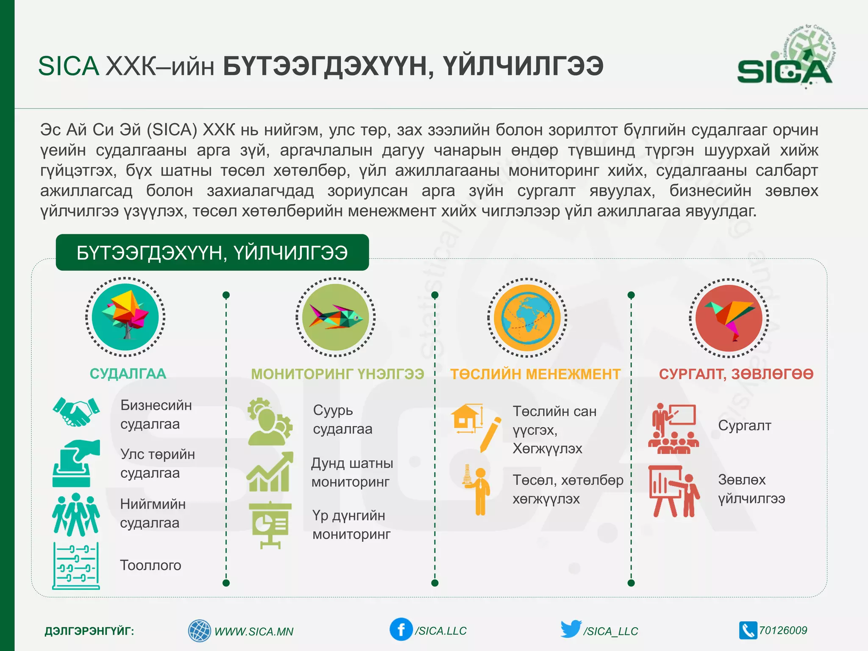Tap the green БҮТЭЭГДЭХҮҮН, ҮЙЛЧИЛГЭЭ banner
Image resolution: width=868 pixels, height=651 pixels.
click(212, 253)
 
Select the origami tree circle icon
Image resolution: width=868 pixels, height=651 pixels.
click(125, 317)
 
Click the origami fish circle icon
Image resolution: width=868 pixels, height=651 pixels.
click(335, 317)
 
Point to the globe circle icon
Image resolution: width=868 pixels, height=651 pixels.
click(527, 317)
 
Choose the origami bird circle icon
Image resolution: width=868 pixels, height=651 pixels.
click(729, 318)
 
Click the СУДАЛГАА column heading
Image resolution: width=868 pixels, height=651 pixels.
click(128, 374)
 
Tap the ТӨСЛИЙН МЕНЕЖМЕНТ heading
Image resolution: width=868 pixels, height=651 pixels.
click(535, 374)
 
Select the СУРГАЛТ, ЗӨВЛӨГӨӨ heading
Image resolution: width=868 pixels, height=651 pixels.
click(736, 374)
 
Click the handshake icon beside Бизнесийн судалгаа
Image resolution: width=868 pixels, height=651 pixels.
click(76, 411)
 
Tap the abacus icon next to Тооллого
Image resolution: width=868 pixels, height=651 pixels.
click(76, 566)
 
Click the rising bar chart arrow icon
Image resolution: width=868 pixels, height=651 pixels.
click(270, 472)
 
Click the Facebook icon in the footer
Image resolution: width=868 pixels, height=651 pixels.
click(401, 629)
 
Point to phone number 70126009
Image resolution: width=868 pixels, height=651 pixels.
click(782, 630)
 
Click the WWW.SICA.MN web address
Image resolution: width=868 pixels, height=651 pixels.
click(253, 632)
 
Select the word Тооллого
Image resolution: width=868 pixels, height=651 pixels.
click(150, 565)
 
